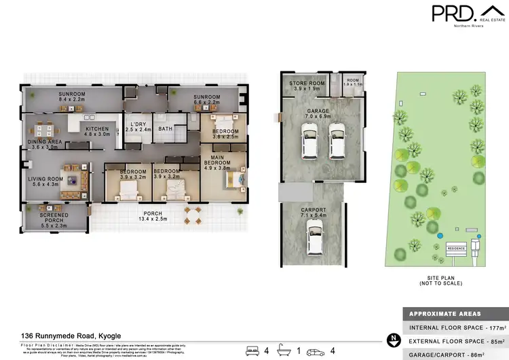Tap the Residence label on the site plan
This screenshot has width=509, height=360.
pos(455,249)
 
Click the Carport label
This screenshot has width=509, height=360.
pos(313,210)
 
